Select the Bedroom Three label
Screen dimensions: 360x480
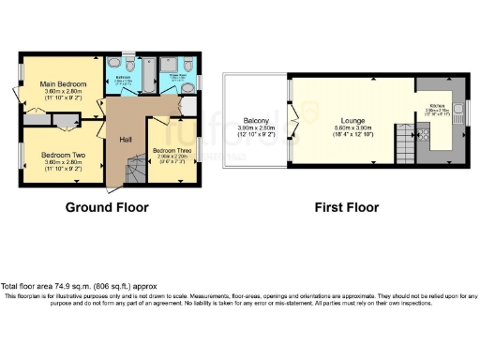tap(172, 150)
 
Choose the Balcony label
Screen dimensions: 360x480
tap(256, 121)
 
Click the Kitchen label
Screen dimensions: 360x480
tap(437, 106)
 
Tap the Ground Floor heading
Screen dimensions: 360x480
tap(105, 207)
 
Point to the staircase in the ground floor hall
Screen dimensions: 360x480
tap(136, 170)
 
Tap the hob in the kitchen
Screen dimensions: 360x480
tap(423, 137)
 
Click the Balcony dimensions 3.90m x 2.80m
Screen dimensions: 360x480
tap(256, 129)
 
